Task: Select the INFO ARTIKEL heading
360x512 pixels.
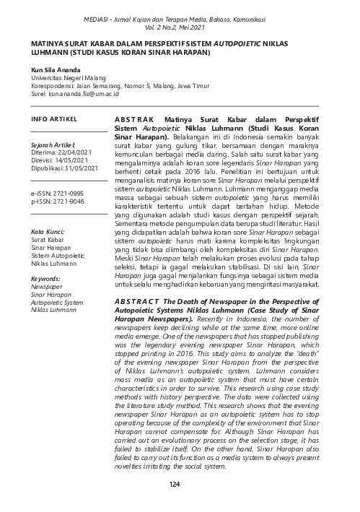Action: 50,117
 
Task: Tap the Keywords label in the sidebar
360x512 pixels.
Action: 45,277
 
